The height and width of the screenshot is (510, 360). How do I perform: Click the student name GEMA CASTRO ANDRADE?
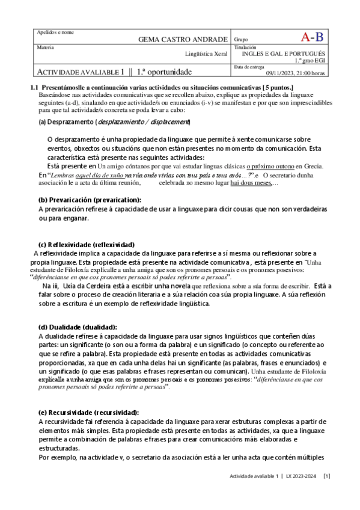tap(183, 39)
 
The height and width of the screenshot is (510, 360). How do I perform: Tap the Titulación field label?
tap(244, 47)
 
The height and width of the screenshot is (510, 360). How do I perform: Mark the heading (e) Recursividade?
tap(88, 412)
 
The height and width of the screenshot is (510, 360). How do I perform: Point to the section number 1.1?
tap(34, 87)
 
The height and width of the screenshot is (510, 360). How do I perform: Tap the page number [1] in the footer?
tap(327, 476)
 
